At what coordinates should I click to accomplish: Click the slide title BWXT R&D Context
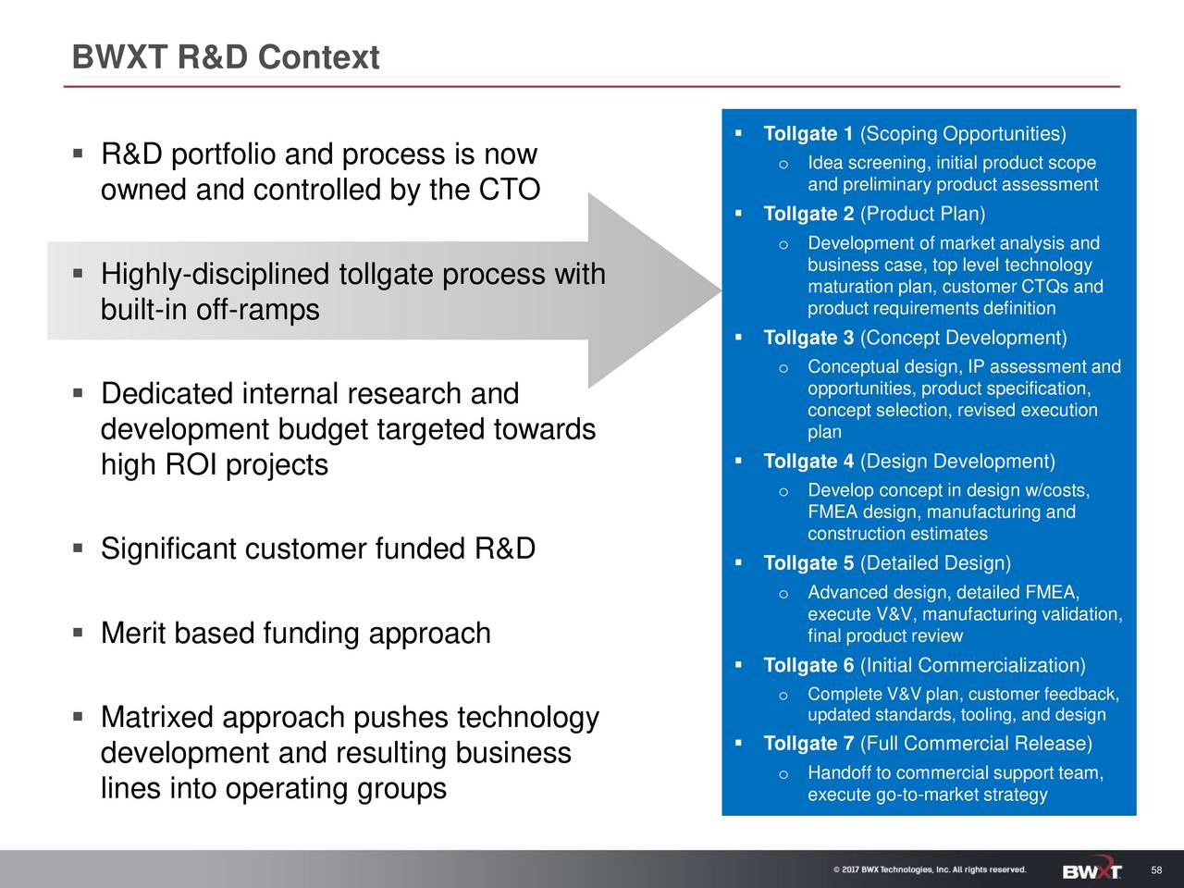point(226,58)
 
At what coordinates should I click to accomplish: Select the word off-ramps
point(257,310)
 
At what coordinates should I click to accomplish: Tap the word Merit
point(133,634)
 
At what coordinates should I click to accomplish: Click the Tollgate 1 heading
point(808,135)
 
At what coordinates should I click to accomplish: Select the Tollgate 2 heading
point(808,215)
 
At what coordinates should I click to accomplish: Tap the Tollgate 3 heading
point(808,338)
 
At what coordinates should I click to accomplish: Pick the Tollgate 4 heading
point(808,462)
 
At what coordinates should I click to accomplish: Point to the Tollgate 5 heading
point(808,564)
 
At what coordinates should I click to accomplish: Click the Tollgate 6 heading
point(808,666)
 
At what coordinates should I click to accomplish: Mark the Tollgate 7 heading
point(808,745)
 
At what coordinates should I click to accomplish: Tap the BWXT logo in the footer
point(1092,870)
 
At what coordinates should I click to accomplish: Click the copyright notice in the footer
point(929,869)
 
